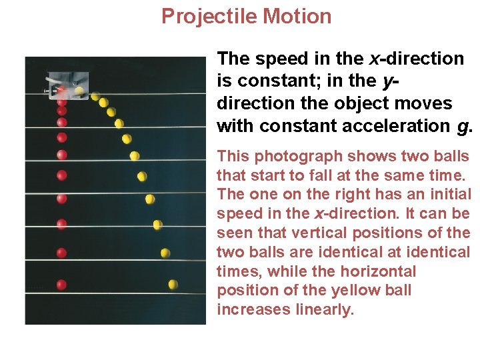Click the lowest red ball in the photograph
(61, 285)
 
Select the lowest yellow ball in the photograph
(173, 285)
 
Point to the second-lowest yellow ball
(165, 253)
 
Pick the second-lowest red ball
(61, 253)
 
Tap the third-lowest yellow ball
(158, 225)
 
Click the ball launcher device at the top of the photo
(67, 85)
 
